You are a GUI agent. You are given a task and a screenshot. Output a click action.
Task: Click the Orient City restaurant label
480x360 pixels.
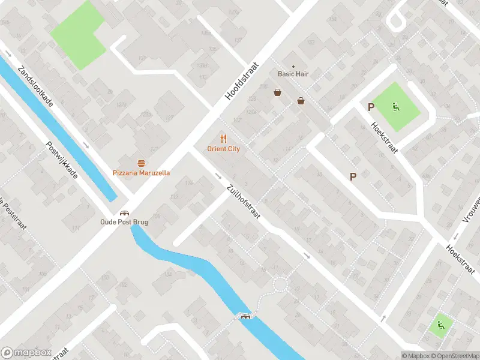[223, 149]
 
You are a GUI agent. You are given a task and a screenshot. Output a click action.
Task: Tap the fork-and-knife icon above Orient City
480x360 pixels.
[223, 139]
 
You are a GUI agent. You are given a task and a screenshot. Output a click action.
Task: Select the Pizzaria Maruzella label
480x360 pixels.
[141, 173]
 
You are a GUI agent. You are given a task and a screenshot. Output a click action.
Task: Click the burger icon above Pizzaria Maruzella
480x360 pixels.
[141, 163]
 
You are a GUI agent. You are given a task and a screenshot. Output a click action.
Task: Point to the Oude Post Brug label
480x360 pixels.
[124, 222]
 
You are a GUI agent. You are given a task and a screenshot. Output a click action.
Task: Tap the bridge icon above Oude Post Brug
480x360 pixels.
[124, 212]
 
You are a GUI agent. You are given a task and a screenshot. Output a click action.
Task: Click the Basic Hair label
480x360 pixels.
[293, 74]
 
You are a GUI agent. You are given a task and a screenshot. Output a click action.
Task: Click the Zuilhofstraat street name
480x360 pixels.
[243, 201]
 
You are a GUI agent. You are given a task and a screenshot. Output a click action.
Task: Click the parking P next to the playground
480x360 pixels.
[371, 107]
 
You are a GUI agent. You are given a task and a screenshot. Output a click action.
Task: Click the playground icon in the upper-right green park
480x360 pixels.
[395, 107]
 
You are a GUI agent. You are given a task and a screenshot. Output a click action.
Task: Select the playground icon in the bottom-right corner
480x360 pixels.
[441, 325]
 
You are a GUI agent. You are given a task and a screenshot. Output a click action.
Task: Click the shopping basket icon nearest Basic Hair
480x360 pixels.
[278, 92]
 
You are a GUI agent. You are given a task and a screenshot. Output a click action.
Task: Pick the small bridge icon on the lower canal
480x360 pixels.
[245, 316]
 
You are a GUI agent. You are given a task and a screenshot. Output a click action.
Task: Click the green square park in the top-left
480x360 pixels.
[77, 35]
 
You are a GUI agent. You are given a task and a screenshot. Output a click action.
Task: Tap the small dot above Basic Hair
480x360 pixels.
[293, 66]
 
